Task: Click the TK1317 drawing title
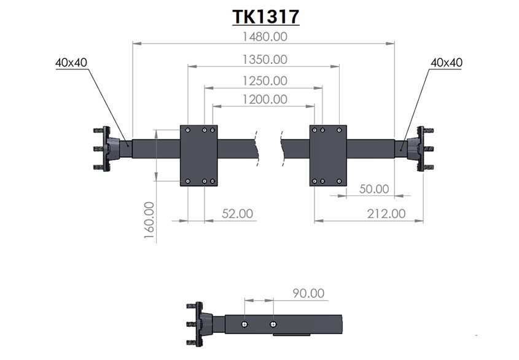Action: coord(266,17)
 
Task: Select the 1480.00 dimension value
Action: coord(265,36)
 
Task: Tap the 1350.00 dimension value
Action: coord(265,60)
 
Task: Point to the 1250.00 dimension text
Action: coord(265,81)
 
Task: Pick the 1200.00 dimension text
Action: coord(265,100)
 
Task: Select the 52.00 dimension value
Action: coord(237,214)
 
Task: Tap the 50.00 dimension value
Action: coord(374,189)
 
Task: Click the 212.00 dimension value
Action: coord(386,214)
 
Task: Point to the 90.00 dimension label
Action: coord(308,294)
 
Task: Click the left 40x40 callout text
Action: coord(71,63)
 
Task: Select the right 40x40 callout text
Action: coord(447,63)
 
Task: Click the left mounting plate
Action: coord(198,155)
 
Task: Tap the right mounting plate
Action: coord(328,155)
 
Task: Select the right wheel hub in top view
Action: coord(420,149)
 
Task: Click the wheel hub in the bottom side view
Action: coord(200,324)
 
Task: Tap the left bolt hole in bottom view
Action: coord(244,324)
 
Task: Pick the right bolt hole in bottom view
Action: coord(273,324)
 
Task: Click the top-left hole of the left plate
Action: coord(188,130)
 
